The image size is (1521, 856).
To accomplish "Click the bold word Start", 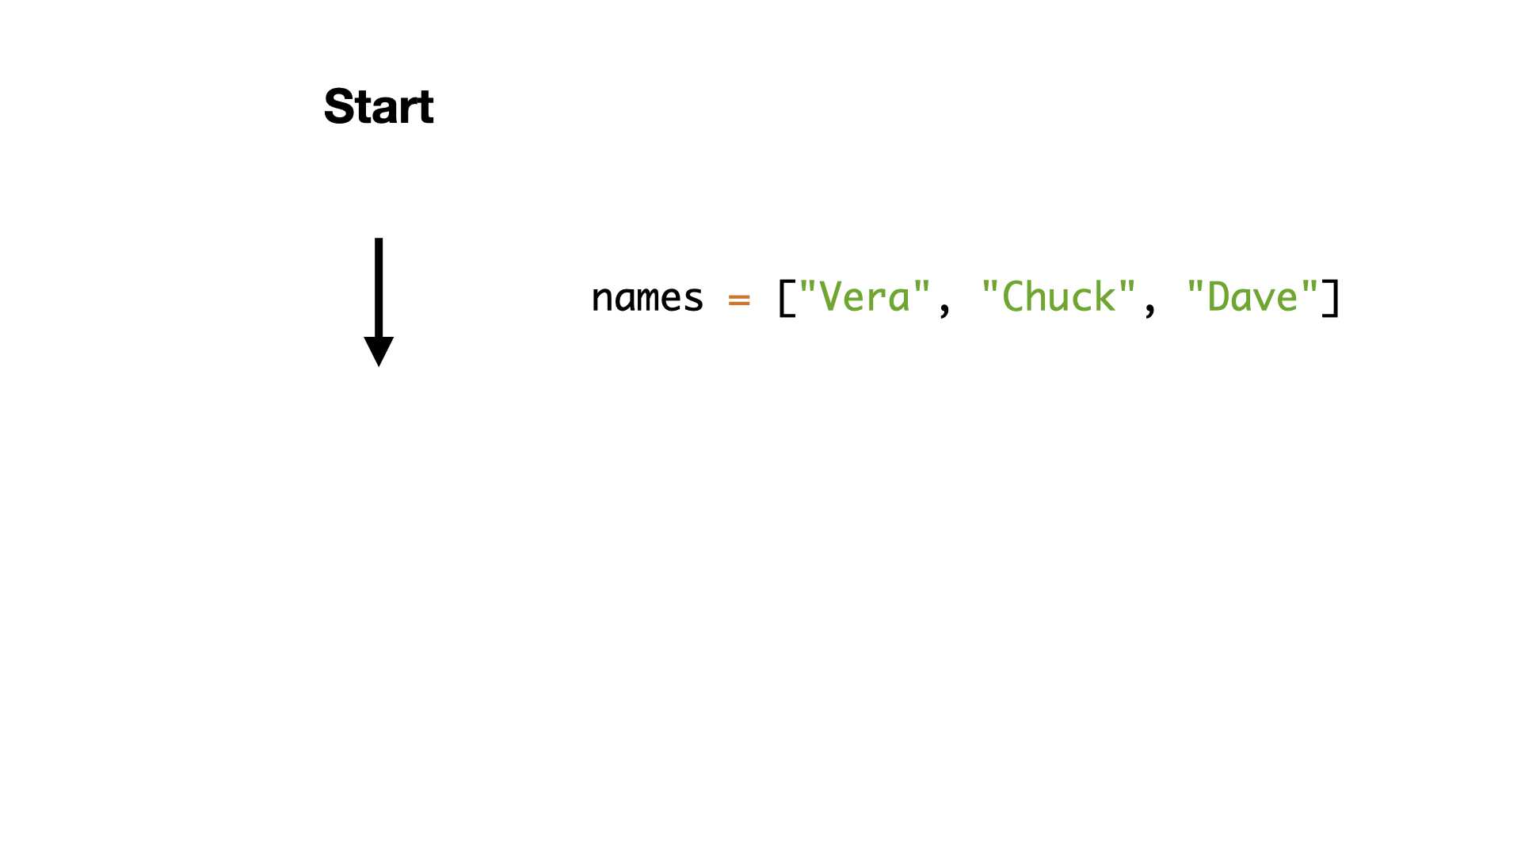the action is tap(379, 106).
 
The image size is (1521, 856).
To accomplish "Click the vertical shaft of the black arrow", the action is tap(379, 288).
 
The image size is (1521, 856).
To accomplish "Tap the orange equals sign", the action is tap(739, 300).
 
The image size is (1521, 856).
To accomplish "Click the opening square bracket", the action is tap(786, 298).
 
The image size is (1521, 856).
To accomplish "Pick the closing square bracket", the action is tap(1331, 298).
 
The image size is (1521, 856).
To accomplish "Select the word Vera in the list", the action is tap(865, 297).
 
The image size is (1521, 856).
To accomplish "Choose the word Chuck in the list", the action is tap(1059, 297).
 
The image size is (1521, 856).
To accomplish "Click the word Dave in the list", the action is tap(1253, 297).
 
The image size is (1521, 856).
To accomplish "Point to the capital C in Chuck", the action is tap(1013, 297).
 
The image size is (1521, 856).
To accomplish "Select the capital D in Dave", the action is tap(1218, 297).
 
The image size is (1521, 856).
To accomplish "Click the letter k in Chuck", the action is tap(1106, 297).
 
